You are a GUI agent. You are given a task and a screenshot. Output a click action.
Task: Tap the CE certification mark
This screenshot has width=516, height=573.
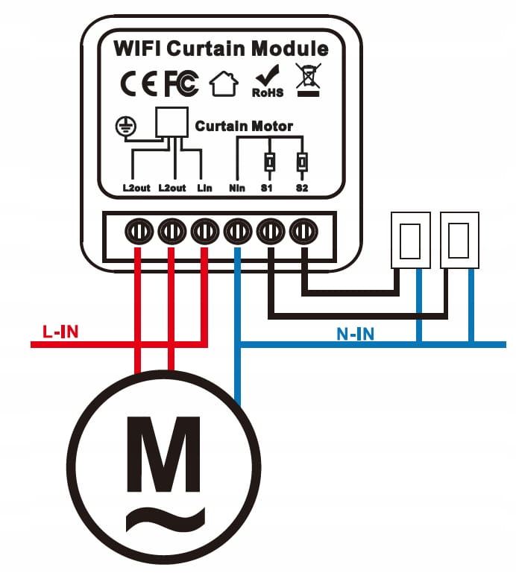(x=139, y=85)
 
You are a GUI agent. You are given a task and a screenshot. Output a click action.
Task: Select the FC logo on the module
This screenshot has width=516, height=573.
(x=181, y=85)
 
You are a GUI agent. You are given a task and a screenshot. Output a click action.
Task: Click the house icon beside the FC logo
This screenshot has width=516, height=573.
(x=223, y=84)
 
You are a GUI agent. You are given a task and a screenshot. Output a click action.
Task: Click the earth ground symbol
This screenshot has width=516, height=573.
(x=125, y=127)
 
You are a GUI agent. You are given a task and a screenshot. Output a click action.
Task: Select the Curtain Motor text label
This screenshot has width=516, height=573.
(x=244, y=127)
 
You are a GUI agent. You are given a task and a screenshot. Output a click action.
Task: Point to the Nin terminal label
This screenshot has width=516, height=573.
(x=236, y=188)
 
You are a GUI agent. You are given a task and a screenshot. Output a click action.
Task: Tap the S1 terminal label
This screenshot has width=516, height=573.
(x=268, y=188)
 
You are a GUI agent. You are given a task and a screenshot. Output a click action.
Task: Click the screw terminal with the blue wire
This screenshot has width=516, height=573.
(x=237, y=232)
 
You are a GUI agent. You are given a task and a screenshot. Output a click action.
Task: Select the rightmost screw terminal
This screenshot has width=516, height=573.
(x=303, y=232)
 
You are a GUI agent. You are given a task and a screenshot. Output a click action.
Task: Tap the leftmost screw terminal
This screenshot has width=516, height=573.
(x=139, y=232)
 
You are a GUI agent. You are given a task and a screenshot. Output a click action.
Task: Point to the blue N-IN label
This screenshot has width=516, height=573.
(x=355, y=335)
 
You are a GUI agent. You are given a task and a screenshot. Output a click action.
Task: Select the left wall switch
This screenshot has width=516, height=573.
(x=411, y=241)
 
